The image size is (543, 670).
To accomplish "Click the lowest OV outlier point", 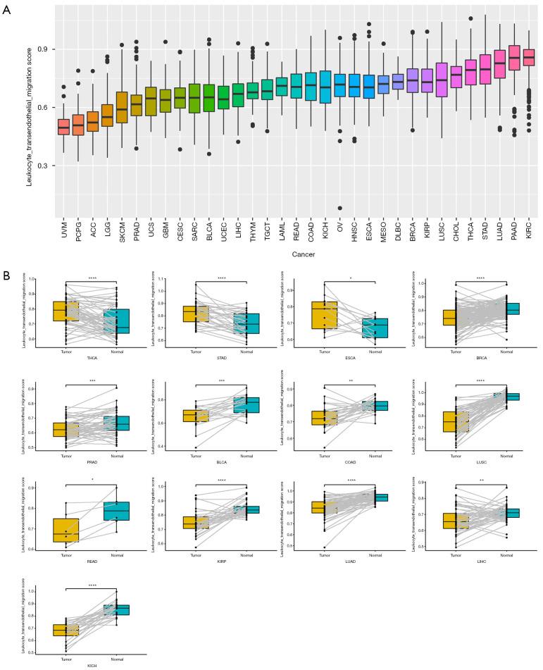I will tap(340, 208).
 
